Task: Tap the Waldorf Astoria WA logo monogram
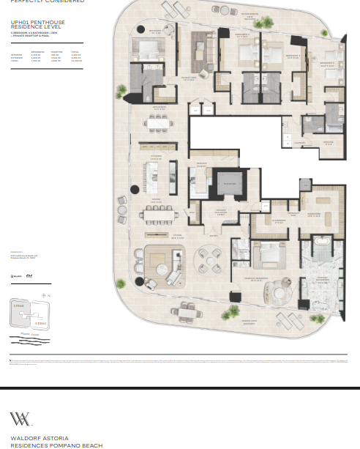(x=20, y=420)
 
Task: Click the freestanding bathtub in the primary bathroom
(x=320, y=241)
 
